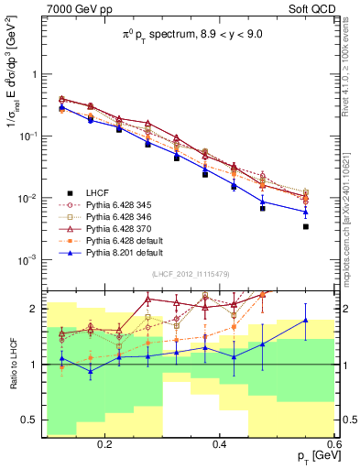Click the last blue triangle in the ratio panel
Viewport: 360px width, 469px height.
(305, 321)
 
